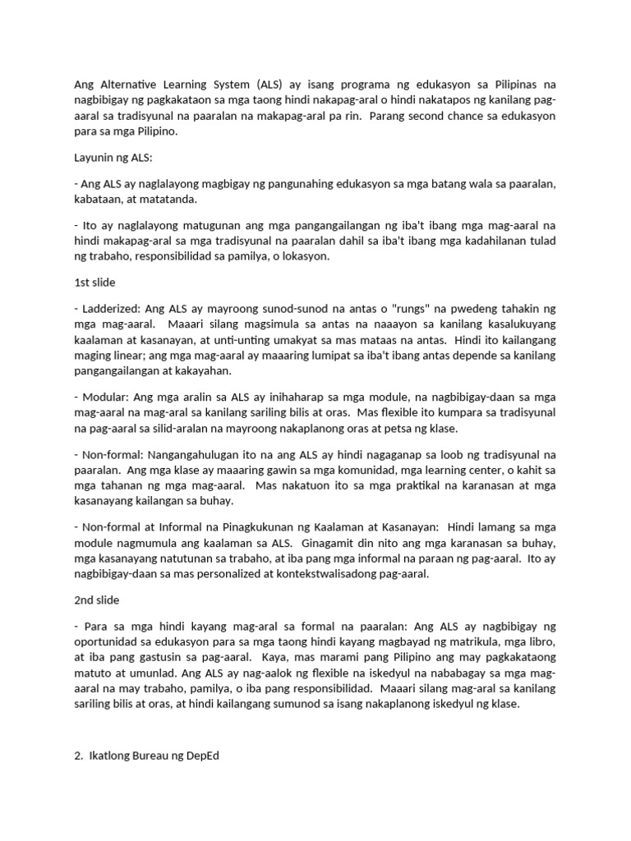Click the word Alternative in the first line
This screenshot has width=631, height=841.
[x=126, y=85]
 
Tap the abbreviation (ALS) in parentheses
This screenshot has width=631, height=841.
[x=271, y=85]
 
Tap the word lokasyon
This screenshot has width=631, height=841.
[x=303, y=255]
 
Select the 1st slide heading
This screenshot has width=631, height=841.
[x=94, y=282]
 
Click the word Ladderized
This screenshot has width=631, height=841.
[x=111, y=309]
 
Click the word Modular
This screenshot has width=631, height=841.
[x=104, y=398]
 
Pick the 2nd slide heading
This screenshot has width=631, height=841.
[x=96, y=600]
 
